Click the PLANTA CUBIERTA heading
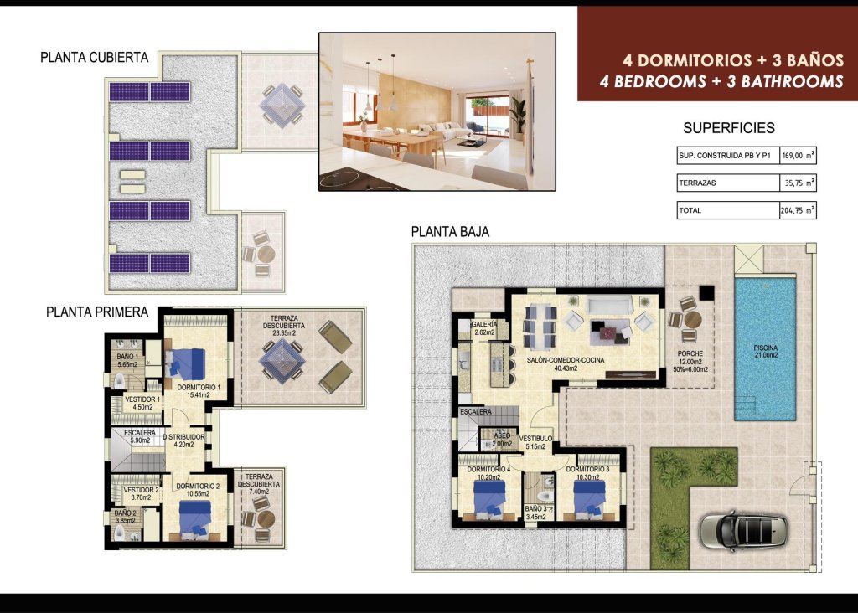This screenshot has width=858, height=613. pos(95,58)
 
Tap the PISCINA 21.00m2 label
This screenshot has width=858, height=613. pos(765,352)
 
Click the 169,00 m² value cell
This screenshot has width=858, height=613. pos(798,156)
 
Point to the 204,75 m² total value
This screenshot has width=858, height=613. pos(798,211)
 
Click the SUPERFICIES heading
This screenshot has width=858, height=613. pos(729,128)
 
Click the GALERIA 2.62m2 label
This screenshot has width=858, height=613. pos(484,328)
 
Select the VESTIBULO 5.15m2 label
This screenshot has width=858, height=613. pos(535,443)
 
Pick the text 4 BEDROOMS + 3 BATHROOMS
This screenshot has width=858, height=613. pos(721,82)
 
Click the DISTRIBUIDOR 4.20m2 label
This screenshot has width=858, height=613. pos(184,440)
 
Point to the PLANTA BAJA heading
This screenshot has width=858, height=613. pos(450,231)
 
